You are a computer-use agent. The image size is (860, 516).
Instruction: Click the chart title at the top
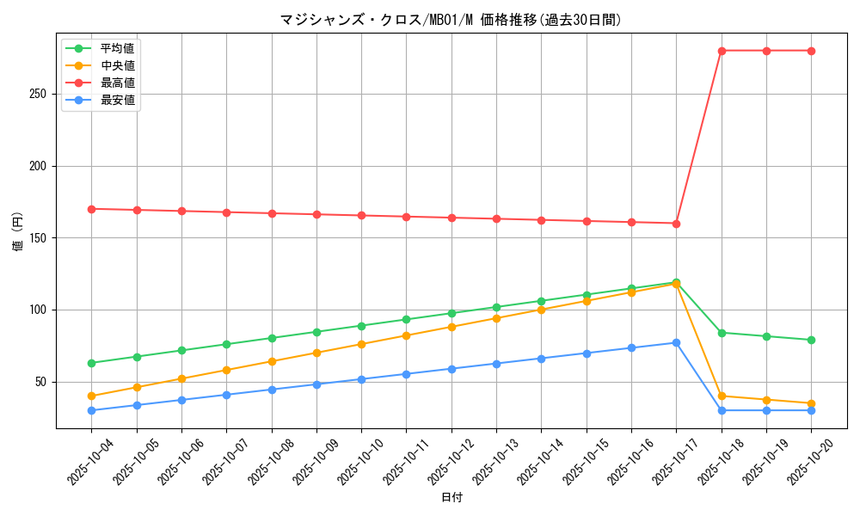[451, 20]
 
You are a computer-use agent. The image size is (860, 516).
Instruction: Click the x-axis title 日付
[451, 498]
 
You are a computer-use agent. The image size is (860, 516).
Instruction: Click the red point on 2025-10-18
[722, 51]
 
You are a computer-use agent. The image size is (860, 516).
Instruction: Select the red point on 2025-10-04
[92, 209]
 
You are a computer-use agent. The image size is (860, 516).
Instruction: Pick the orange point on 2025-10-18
[722, 396]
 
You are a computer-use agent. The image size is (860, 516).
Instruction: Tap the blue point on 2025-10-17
[676, 342]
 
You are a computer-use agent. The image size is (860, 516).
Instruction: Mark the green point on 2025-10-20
[811, 340]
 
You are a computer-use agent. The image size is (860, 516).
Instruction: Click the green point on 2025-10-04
[92, 363]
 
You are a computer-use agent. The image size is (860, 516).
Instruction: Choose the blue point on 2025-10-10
[361, 379]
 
